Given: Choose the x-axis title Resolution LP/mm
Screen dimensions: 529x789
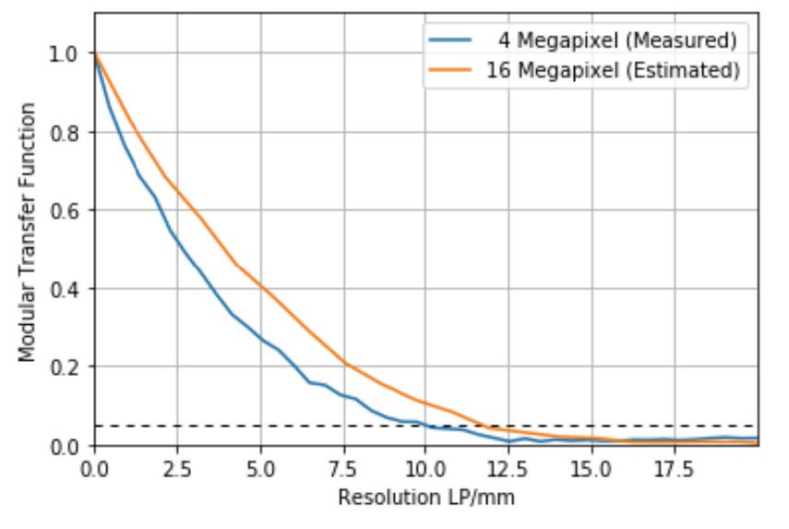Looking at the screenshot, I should [x=425, y=498].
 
